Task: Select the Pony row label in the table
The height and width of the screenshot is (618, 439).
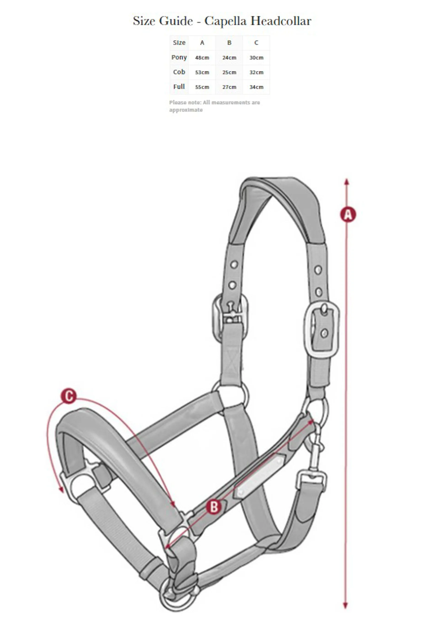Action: click(x=179, y=57)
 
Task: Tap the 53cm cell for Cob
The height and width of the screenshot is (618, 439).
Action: click(x=202, y=72)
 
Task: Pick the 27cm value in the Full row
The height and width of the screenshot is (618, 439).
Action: click(x=229, y=87)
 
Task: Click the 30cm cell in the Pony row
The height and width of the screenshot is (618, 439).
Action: click(x=256, y=58)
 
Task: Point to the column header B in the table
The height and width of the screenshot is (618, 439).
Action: click(x=229, y=43)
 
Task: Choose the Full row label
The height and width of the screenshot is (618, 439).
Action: click(x=179, y=87)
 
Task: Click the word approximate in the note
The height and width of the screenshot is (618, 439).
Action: click(x=186, y=110)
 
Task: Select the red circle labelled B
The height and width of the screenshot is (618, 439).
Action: click(x=214, y=507)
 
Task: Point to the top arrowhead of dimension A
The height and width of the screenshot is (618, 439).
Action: click(x=347, y=182)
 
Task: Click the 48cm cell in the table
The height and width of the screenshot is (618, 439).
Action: click(x=202, y=58)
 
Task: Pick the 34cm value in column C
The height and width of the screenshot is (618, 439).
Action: click(x=256, y=87)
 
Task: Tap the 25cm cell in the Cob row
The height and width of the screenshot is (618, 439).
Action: click(x=229, y=72)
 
